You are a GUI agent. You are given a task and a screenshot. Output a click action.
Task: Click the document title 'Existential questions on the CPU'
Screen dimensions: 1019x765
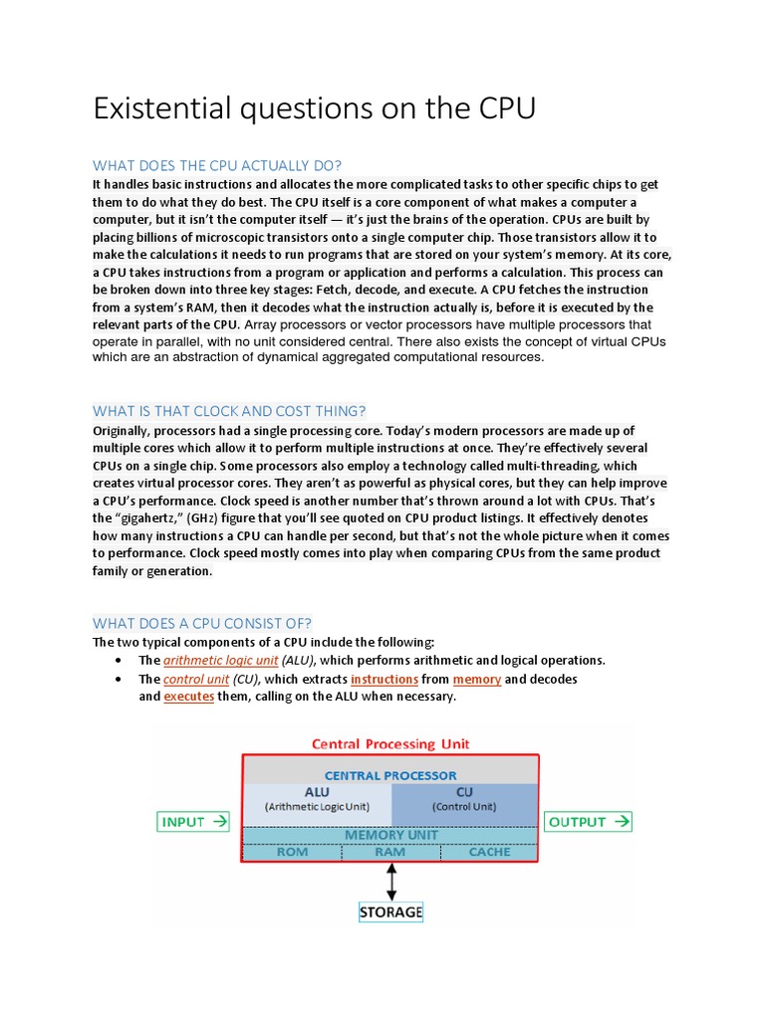pyautogui.click(x=314, y=108)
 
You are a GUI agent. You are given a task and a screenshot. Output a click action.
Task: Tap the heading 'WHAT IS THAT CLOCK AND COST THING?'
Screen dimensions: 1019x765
pyautogui.click(x=229, y=410)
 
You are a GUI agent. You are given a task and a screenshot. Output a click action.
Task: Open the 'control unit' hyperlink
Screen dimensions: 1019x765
pyautogui.click(x=196, y=679)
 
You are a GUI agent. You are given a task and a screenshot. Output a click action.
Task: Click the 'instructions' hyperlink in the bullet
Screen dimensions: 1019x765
pyautogui.click(x=384, y=679)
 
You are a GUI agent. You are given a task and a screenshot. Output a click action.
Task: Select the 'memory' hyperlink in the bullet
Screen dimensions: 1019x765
pyautogui.click(x=476, y=679)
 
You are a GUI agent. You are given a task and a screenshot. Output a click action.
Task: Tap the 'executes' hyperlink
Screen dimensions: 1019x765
pyautogui.click(x=189, y=697)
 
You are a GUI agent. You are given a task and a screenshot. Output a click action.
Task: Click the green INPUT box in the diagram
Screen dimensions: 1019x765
pyautogui.click(x=193, y=822)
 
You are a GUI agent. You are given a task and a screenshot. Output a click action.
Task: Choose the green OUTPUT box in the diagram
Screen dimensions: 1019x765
pyautogui.click(x=588, y=822)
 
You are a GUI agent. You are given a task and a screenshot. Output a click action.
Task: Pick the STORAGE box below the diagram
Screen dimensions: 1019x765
pyautogui.click(x=390, y=912)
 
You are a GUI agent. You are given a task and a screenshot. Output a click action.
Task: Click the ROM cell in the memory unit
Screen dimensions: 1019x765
pyautogui.click(x=292, y=852)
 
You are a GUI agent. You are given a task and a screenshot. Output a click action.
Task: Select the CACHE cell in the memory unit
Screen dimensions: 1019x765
pyautogui.click(x=488, y=852)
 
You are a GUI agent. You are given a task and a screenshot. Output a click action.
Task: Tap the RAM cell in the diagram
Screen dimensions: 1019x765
pyautogui.click(x=389, y=852)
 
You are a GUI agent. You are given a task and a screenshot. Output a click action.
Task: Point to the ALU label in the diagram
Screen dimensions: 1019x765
pyautogui.click(x=317, y=792)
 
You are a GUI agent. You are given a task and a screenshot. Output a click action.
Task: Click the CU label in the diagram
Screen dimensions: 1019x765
pyautogui.click(x=465, y=792)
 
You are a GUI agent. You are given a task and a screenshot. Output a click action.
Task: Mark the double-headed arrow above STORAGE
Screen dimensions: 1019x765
pyautogui.click(x=390, y=881)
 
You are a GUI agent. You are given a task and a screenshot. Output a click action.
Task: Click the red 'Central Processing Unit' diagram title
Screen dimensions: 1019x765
pyautogui.click(x=390, y=743)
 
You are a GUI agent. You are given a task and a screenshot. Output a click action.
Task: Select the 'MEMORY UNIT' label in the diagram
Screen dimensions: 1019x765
pyautogui.click(x=390, y=835)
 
